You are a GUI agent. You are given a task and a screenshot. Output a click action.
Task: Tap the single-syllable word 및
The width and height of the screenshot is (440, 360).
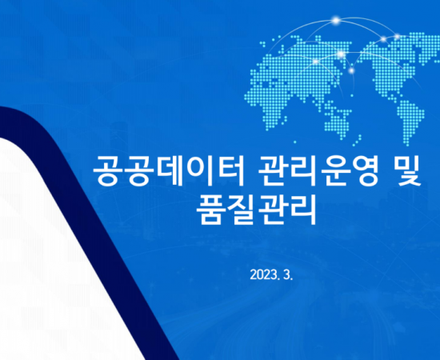(x=406, y=171)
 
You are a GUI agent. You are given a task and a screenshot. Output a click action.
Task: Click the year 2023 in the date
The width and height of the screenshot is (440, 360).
(x=263, y=275)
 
